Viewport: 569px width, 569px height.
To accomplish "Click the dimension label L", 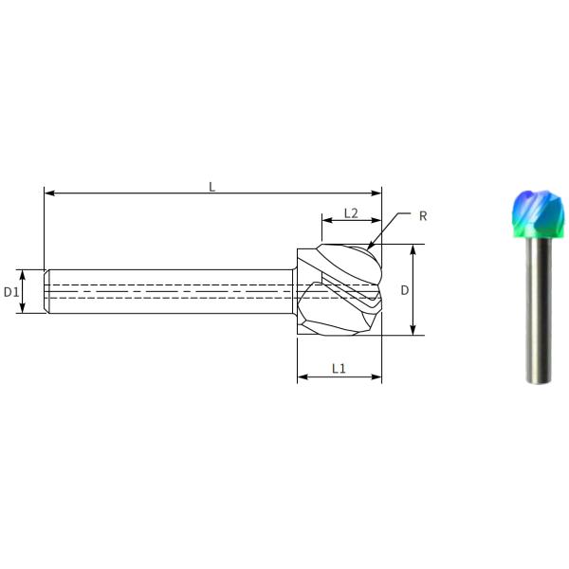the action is pos(211,187).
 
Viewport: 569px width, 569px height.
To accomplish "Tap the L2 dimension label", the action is pos(351,213).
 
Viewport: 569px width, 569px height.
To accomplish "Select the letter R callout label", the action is pos(423,216).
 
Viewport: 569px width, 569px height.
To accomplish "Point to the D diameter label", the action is pos(405,290).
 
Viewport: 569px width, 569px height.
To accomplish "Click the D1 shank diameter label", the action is pos(10,292).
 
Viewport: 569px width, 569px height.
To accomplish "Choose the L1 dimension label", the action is pos(339,369).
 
